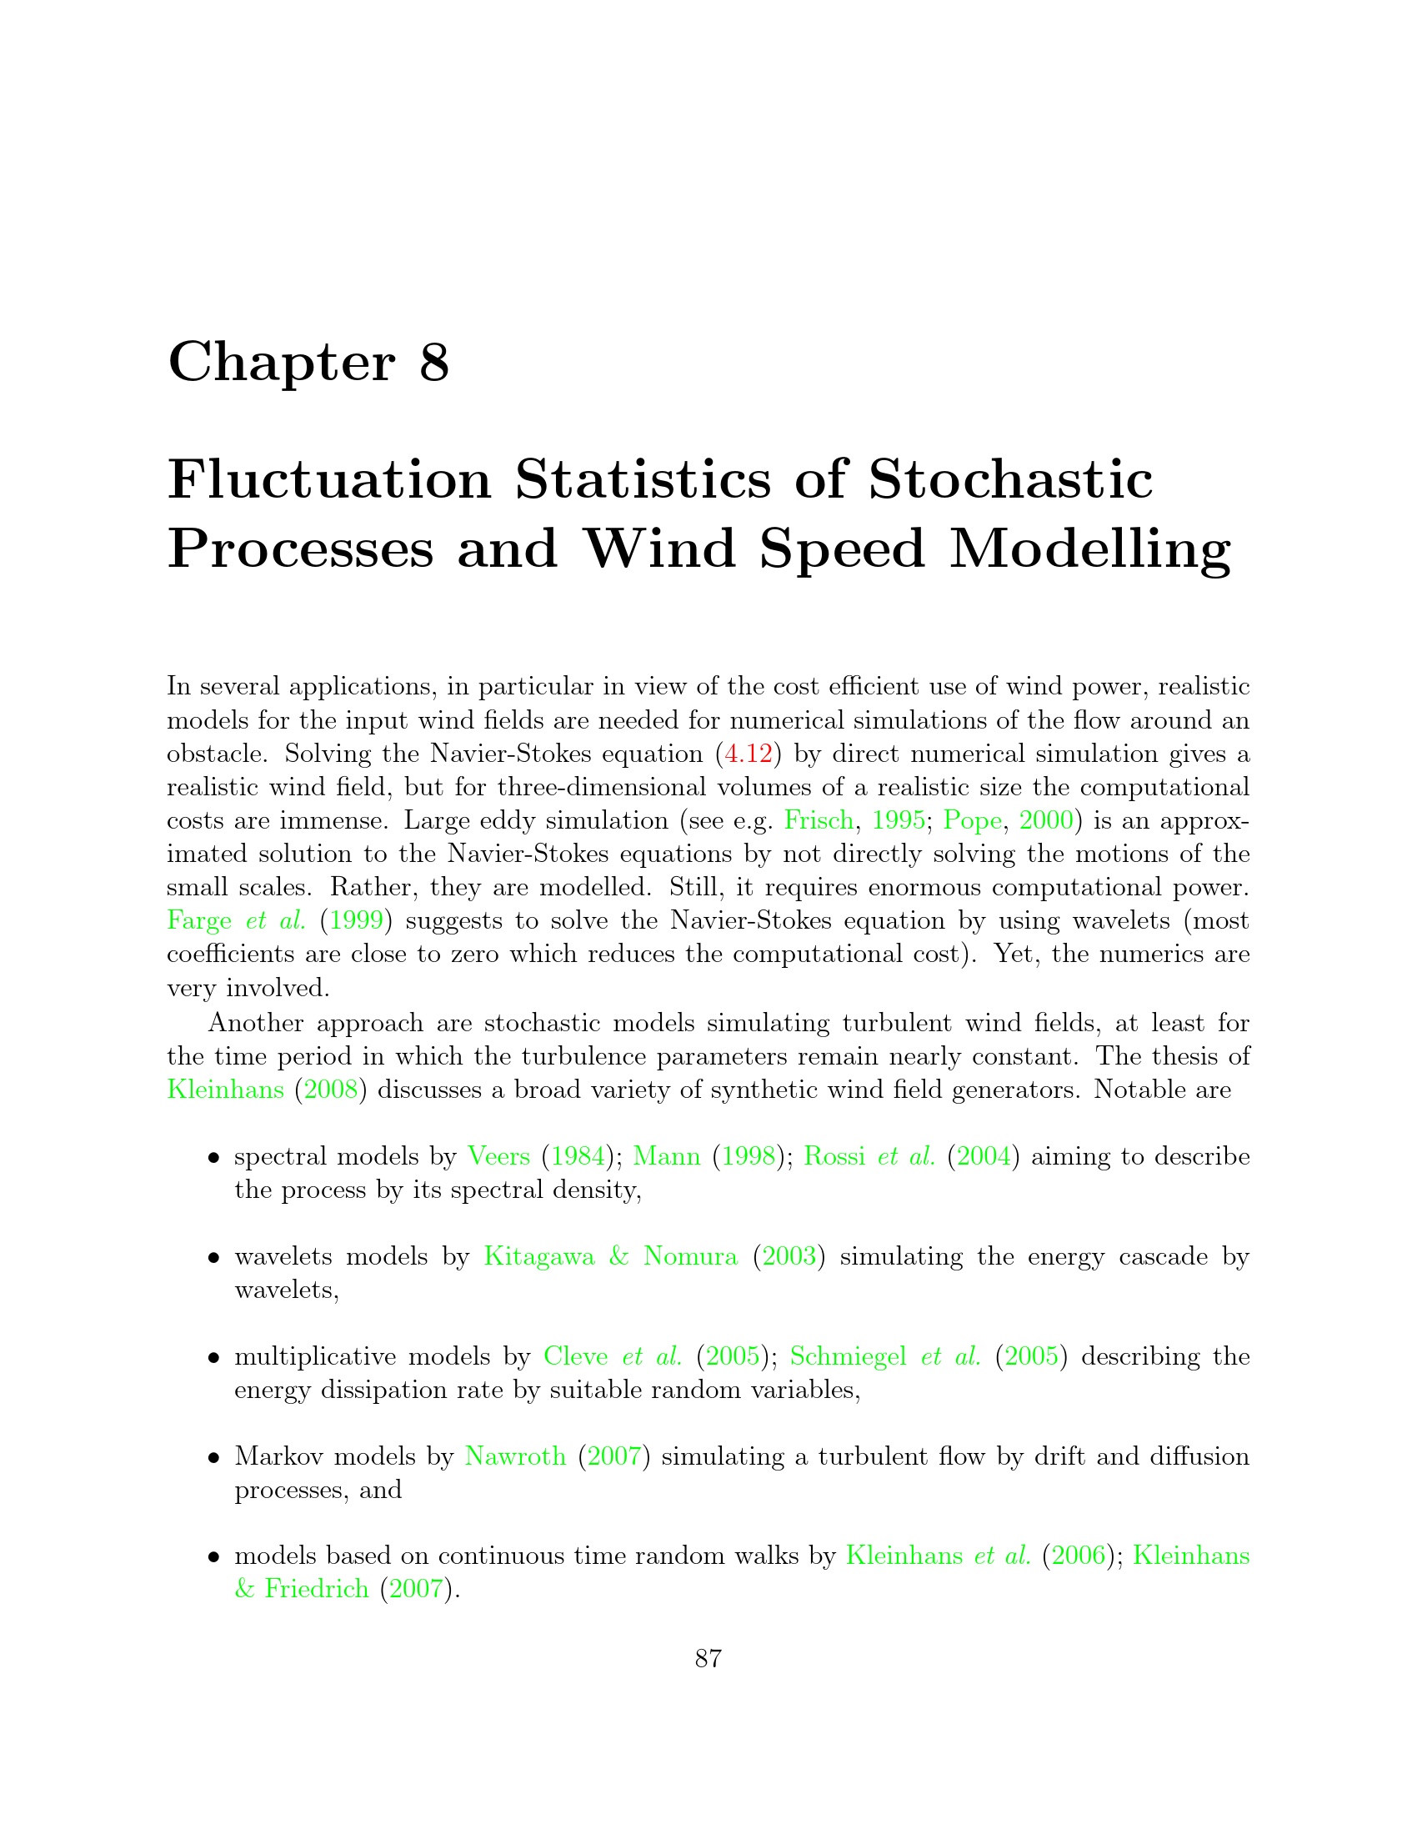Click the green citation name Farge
[199, 920]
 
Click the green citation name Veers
[498, 1156]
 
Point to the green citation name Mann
[667, 1156]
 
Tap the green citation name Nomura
[690, 1256]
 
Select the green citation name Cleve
[576, 1356]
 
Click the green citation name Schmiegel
[848, 1356]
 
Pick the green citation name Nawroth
[515, 1456]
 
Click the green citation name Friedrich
[317, 1589]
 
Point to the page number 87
[708, 1658]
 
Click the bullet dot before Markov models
[215, 1457]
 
